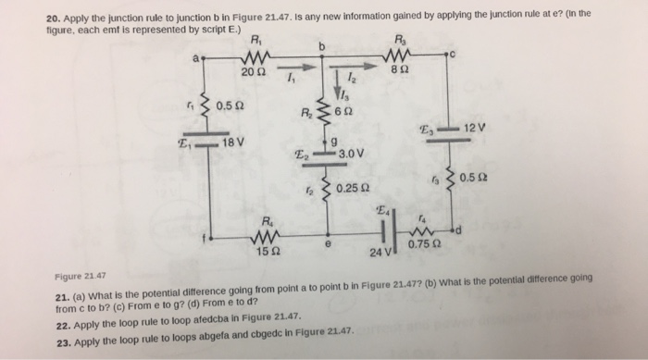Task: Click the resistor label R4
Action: [x=267, y=220]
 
